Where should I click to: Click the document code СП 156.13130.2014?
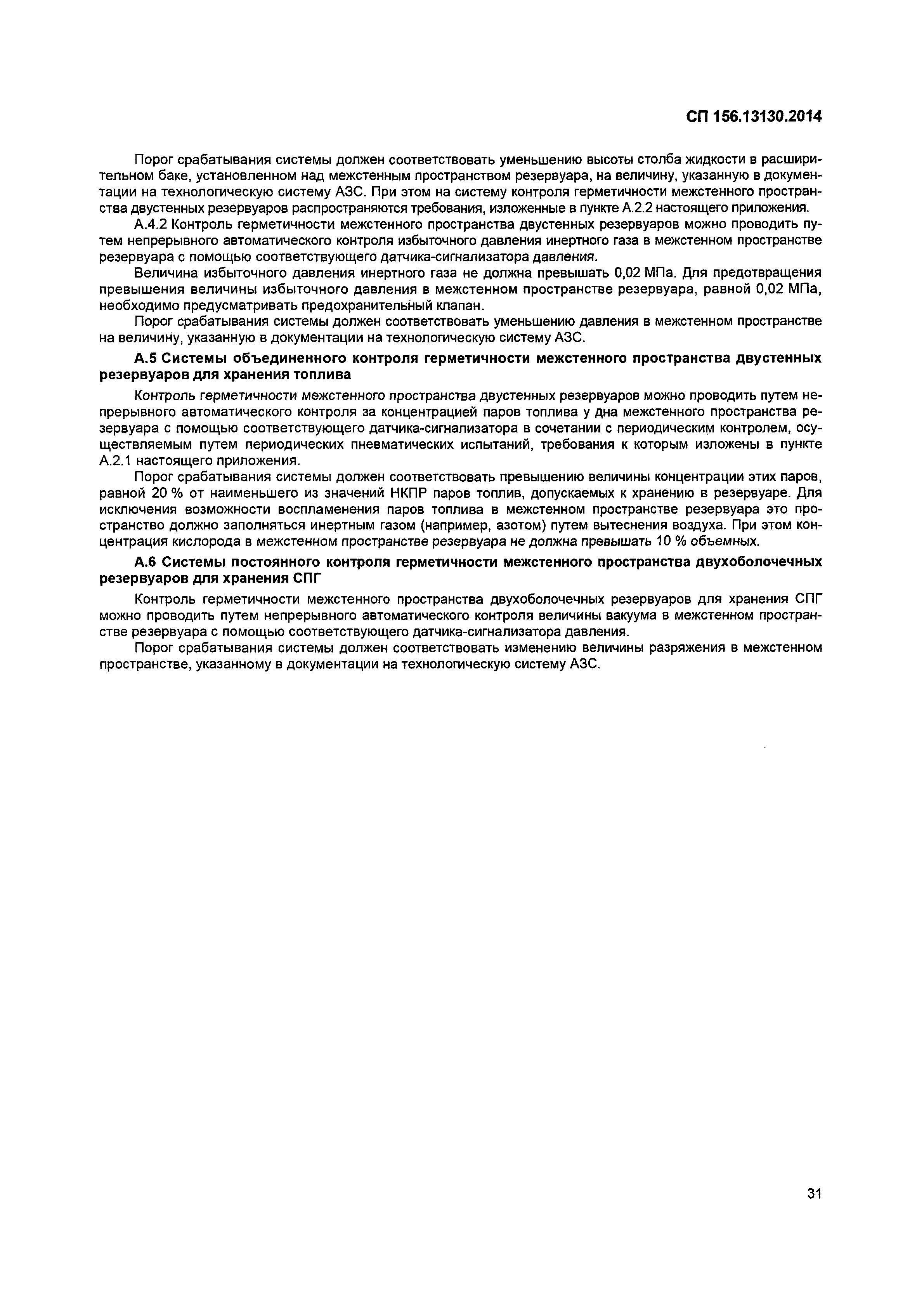pos(754,117)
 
